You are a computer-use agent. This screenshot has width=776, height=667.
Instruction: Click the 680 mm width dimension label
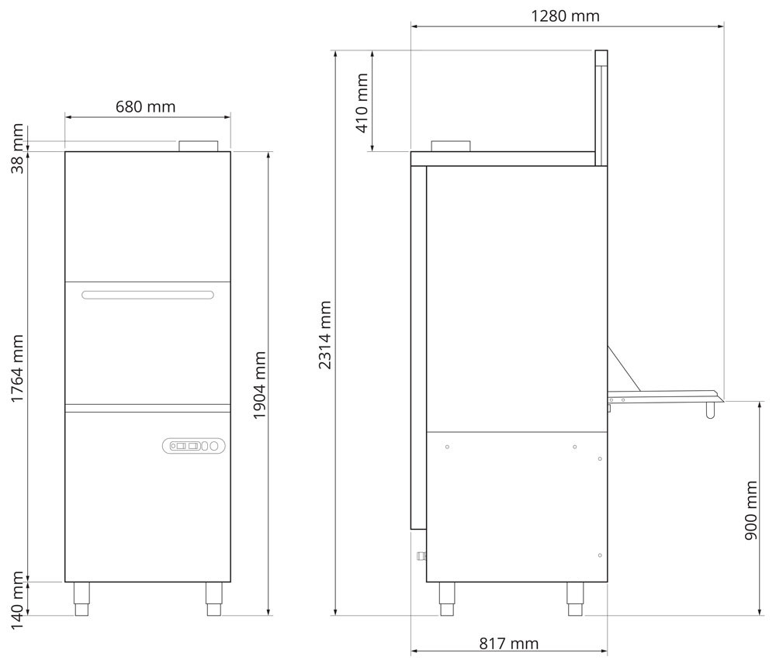point(146,106)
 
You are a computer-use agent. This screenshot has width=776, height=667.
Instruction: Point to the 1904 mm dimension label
point(260,385)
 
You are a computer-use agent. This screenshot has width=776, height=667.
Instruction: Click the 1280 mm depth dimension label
point(565,16)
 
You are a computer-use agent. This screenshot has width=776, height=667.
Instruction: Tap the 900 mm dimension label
point(750,510)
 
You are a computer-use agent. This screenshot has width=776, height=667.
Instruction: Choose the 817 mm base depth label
point(508,644)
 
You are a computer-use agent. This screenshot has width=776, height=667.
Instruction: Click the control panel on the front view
point(194,445)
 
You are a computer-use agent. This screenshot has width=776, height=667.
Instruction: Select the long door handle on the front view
point(147,295)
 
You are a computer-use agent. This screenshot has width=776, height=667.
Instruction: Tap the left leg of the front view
point(81,599)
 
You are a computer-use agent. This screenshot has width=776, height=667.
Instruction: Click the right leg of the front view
point(213,599)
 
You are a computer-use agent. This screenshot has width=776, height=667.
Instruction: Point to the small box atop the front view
point(199,146)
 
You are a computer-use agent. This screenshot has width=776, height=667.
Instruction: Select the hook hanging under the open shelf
point(709,411)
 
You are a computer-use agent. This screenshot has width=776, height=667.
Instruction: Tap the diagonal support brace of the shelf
point(623,368)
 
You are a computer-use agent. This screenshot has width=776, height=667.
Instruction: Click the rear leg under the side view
point(575,599)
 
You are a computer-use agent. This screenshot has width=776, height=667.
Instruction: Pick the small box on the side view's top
point(451,146)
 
